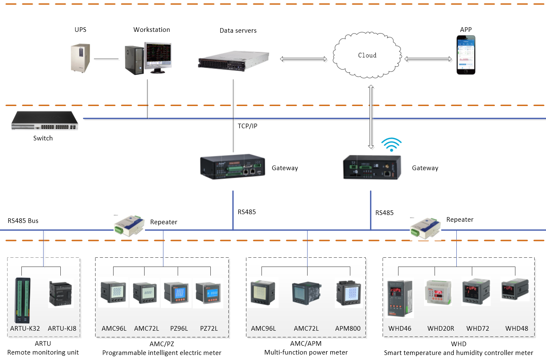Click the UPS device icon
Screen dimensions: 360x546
coord(80,58)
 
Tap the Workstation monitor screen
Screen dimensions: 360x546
coord(158,56)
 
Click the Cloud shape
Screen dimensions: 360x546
coord(367,56)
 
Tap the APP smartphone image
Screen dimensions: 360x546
coord(466,55)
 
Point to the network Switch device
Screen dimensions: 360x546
coord(45,121)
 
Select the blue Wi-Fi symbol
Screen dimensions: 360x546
coord(391,145)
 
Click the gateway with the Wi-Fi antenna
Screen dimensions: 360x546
coord(373,167)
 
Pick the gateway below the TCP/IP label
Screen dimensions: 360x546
coord(232,166)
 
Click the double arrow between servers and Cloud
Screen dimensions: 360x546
coord(303,60)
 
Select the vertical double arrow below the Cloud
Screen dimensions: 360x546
coord(370,117)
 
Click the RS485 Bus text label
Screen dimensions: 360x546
coord(23,220)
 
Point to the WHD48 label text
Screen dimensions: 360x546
coord(516,329)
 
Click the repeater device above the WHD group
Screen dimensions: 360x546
coord(425,228)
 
